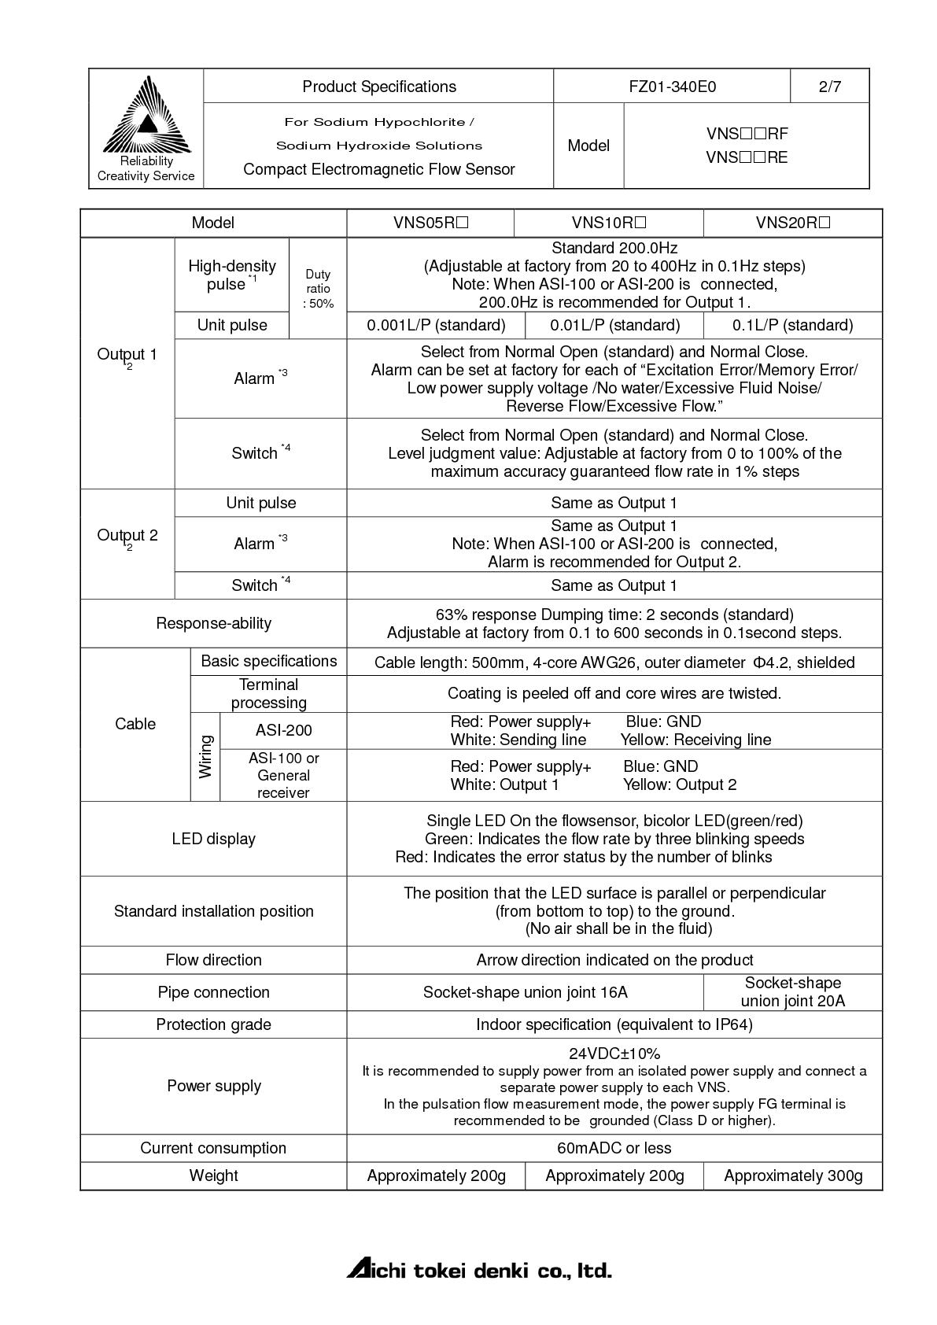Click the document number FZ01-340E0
672,87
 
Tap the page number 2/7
829,87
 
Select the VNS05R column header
430,223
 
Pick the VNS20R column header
792,223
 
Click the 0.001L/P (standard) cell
436,325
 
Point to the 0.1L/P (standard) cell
792,325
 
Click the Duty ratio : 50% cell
318,288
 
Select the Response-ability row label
213,623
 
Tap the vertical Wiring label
205,757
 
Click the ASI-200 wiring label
283,730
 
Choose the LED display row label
213,839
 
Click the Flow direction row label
213,960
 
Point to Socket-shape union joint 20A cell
792,992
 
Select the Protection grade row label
213,1024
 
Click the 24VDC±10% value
614,1054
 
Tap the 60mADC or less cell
614,1148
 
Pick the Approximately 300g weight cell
792,1176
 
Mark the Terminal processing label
268,694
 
